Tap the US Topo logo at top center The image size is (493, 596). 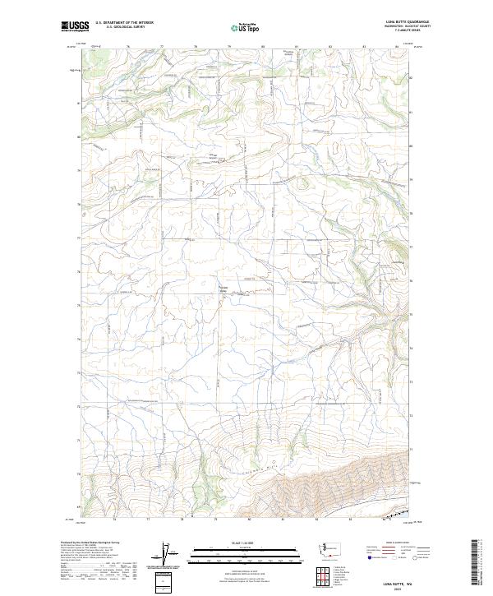[x=246, y=27]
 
